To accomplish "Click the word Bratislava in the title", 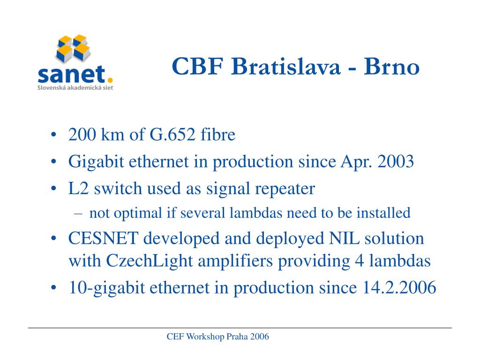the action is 285,66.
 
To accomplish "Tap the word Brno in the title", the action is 391,66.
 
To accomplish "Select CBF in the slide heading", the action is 197,66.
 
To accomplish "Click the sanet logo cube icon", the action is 73,48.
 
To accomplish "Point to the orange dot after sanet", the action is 110,81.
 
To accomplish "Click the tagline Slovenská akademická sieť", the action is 75,88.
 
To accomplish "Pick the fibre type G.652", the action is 172,135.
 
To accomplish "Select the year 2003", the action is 396,161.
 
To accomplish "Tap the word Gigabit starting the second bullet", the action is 96,162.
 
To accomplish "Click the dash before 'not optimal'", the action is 78,214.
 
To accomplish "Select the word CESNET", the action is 103,238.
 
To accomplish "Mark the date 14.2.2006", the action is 399,287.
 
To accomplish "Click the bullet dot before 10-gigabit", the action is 54,288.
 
